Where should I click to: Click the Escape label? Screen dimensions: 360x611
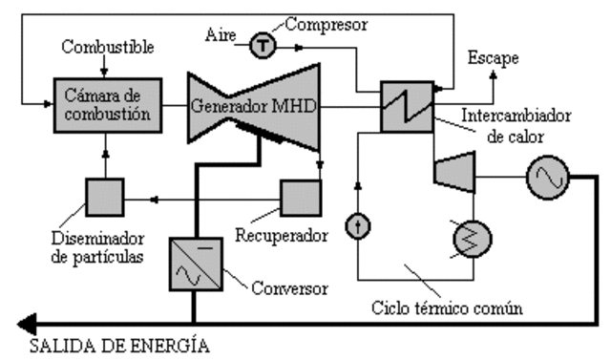[x=493, y=58]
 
